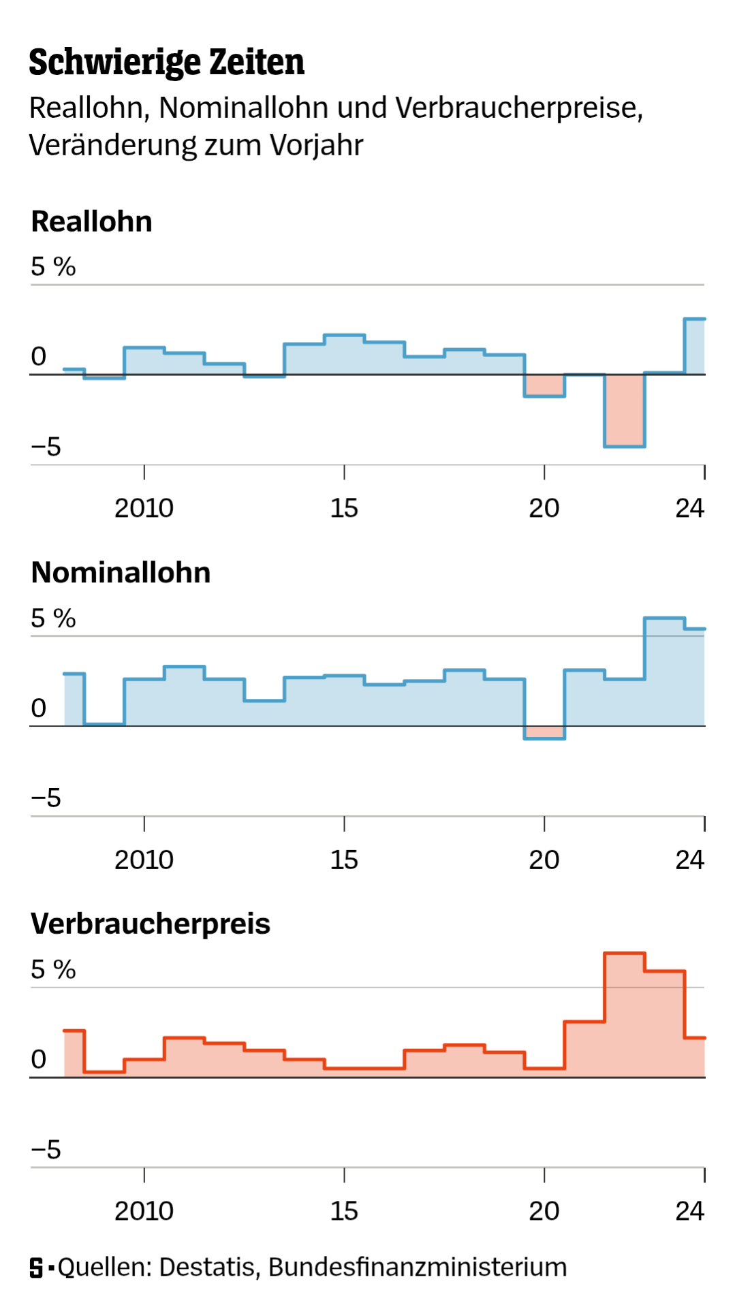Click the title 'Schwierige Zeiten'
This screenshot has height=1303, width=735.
pos(166,63)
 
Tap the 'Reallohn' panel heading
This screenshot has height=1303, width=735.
pos(92,222)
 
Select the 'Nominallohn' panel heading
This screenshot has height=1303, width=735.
pos(121,573)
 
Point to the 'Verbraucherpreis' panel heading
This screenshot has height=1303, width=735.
pos(151,924)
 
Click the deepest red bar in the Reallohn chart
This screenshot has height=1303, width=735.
pos(624,410)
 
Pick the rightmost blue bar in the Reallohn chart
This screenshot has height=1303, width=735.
pos(694,347)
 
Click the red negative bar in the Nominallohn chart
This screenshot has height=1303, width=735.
pos(544,732)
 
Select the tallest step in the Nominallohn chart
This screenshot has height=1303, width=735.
pos(664,671)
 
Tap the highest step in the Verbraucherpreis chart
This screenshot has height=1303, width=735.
pos(624,1015)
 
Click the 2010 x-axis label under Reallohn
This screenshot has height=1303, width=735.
pos(144,509)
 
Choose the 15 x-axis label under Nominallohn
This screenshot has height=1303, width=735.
pos(344,860)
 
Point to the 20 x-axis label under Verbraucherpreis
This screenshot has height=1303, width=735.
pos(544,1212)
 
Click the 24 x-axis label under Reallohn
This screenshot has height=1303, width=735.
pos(689,509)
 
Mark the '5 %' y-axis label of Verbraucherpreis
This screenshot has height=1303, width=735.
pos(53,970)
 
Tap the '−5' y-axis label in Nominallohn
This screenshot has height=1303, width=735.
pos(46,798)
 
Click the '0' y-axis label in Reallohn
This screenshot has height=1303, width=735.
pos(39,356)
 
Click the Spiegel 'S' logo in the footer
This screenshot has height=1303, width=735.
pos(37,1268)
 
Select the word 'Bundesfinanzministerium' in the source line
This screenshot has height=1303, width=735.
pos(418,1268)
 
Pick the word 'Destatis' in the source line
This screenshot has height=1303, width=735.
pos(207,1268)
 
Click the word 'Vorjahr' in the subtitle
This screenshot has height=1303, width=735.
pos(316,145)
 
